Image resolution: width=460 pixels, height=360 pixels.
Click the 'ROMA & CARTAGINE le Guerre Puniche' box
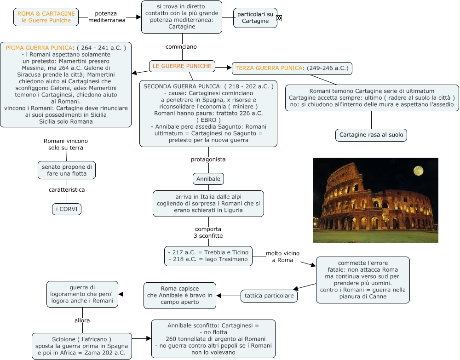[x=46, y=17]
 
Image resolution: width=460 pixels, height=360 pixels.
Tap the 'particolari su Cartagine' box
[x=255, y=18]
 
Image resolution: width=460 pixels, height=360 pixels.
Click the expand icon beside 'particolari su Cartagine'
[x=279, y=18]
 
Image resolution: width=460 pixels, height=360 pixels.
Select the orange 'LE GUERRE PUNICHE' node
[x=182, y=66]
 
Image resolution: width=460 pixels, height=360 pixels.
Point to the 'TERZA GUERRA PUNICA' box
[x=292, y=69]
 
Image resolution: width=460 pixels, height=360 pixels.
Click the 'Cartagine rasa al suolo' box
[x=371, y=135]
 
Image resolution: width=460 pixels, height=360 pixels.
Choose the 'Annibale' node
[x=208, y=179]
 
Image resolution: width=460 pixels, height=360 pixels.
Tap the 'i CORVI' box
[x=67, y=209]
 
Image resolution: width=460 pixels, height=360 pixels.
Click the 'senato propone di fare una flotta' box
[x=67, y=170]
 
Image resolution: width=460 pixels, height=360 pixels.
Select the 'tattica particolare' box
[x=269, y=296]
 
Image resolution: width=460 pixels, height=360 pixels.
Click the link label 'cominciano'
[x=181, y=47]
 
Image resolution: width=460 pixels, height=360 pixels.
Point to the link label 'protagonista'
[x=208, y=160]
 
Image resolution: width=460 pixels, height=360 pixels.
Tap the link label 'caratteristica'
[x=67, y=190]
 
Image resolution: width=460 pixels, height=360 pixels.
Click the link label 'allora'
[x=82, y=320]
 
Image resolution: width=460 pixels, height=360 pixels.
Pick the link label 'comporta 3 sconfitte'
[x=208, y=233]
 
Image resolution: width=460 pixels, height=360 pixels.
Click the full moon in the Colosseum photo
[x=418, y=171]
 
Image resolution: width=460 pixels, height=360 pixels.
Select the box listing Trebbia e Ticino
[x=208, y=256]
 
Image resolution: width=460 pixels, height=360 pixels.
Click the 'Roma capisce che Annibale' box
[x=180, y=296]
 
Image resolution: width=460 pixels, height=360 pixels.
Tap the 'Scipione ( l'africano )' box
[x=82, y=346]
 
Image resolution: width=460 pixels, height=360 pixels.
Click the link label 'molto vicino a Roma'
[x=282, y=257]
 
